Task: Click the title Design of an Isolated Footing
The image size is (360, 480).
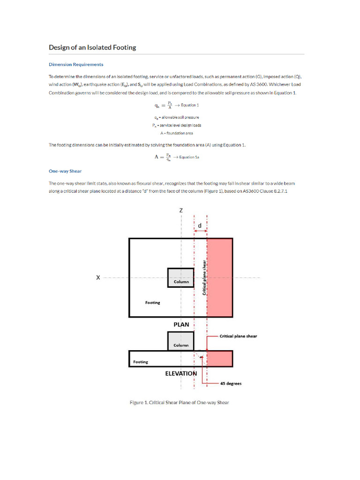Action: pos(92,47)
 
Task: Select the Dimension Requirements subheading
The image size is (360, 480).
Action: pos(76,64)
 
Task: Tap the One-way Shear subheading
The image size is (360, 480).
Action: pos(65,171)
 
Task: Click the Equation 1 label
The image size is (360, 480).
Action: pos(189,105)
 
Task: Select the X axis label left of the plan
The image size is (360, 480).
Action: pos(98,277)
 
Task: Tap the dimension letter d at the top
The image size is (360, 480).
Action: pos(200,225)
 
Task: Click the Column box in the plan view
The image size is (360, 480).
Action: pos(181,277)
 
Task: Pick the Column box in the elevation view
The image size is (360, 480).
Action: pos(181,341)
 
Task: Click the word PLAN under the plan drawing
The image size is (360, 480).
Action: pos(181,324)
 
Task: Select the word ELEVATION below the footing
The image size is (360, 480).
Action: pos(181,374)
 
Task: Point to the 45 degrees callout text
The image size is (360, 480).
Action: pos(231,383)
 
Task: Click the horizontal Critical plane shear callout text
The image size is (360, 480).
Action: pos(238,336)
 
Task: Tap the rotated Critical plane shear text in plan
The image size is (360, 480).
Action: pos(204,277)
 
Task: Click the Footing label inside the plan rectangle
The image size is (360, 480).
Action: pos(152,303)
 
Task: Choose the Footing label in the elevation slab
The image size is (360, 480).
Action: pos(140,362)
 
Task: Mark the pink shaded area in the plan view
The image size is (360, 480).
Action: pos(219,277)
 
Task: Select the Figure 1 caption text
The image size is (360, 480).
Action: pos(179,402)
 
